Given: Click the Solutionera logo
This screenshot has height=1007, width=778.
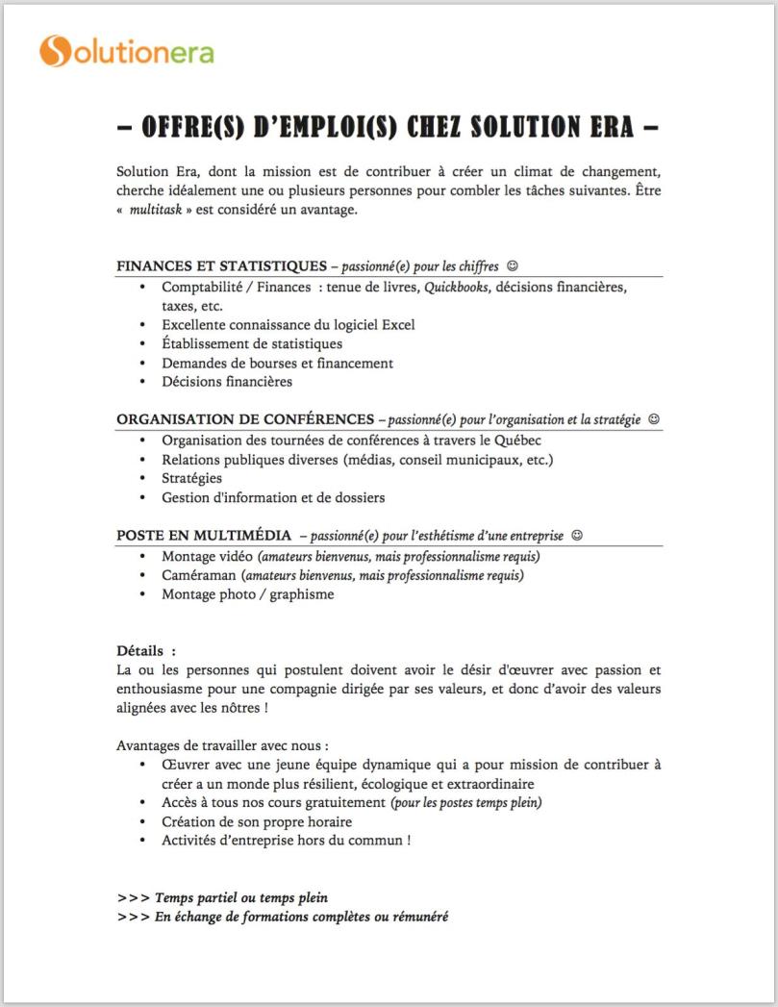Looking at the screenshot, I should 126,50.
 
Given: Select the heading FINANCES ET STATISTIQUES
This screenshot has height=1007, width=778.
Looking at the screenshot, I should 221,265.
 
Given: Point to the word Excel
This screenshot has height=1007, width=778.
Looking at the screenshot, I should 398,325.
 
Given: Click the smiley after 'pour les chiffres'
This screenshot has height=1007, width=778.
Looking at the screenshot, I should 513,265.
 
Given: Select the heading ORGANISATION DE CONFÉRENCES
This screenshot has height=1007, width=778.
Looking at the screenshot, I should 245,419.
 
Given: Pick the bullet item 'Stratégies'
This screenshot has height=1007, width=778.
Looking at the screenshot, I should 191,478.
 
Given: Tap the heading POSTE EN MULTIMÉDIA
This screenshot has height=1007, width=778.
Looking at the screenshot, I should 206,535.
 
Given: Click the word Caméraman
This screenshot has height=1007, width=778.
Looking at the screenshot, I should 198,575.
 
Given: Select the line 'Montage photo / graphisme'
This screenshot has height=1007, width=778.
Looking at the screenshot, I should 247,594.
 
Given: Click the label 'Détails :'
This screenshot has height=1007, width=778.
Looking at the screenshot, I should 146,651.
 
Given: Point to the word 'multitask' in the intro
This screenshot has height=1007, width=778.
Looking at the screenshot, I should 154,210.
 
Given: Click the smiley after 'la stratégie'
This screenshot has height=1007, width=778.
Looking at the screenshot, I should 655,419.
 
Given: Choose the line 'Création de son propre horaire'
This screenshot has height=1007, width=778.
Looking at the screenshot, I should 257,821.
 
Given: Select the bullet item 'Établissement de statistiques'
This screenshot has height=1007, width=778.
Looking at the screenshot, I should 251,343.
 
